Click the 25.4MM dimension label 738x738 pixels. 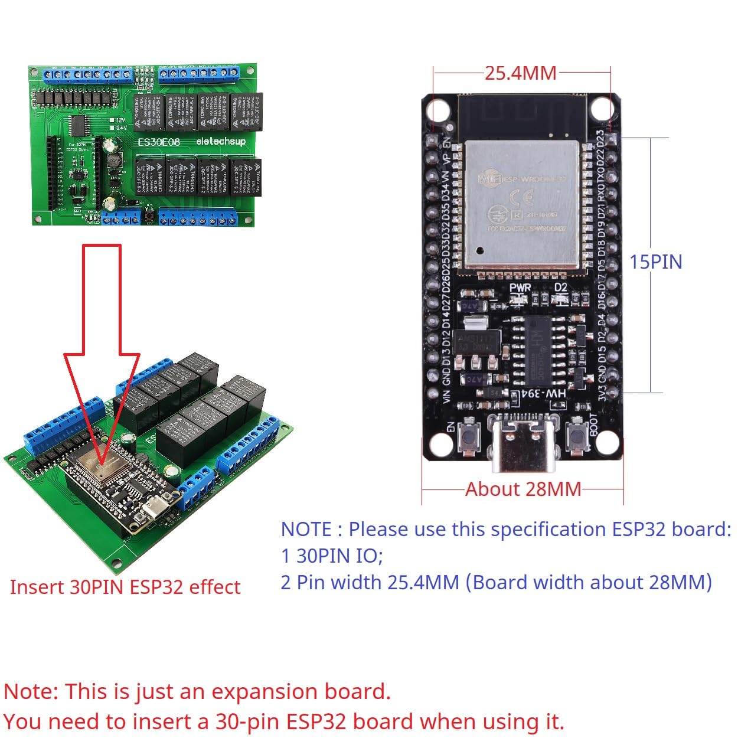(x=521, y=73)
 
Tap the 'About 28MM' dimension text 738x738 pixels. (x=523, y=489)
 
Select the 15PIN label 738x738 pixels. (x=655, y=262)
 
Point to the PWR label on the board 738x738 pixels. (x=520, y=288)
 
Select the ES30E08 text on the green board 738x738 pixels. (x=158, y=142)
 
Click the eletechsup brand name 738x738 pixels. (x=220, y=141)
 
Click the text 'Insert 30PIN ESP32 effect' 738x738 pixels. (x=125, y=587)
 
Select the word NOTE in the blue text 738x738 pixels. (x=306, y=530)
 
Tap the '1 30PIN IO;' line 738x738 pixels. (x=332, y=556)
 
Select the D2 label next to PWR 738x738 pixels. (x=560, y=288)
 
